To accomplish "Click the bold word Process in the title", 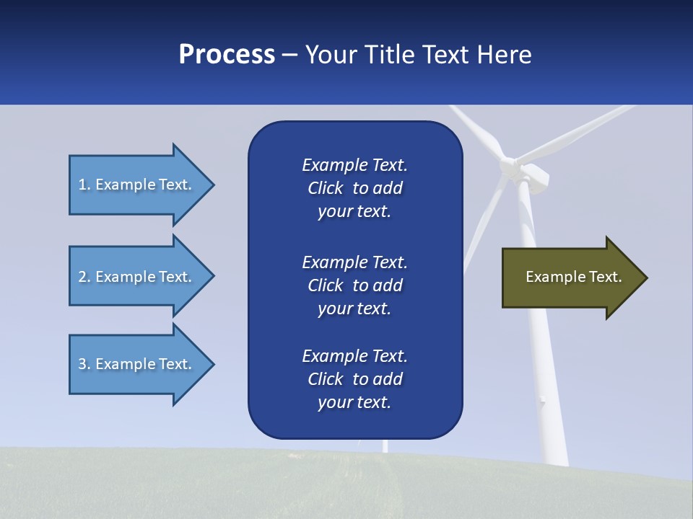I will [x=227, y=54].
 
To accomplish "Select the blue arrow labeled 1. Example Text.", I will [x=137, y=185].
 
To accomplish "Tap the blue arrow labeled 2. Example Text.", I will [x=137, y=277].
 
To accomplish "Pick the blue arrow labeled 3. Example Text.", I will [x=137, y=364].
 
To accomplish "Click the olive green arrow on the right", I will [x=570, y=278].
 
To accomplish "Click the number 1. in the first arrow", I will [x=84, y=185].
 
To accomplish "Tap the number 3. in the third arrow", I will [x=84, y=364].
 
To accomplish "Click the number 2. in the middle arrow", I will [x=84, y=277].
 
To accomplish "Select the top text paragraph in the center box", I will [x=354, y=188].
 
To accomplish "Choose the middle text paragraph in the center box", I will [x=354, y=285].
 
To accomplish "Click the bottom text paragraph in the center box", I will [x=354, y=379].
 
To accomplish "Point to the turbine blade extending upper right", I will [x=577, y=133].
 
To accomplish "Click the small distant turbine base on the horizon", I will [x=385, y=447].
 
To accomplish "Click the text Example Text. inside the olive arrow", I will [x=573, y=277].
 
